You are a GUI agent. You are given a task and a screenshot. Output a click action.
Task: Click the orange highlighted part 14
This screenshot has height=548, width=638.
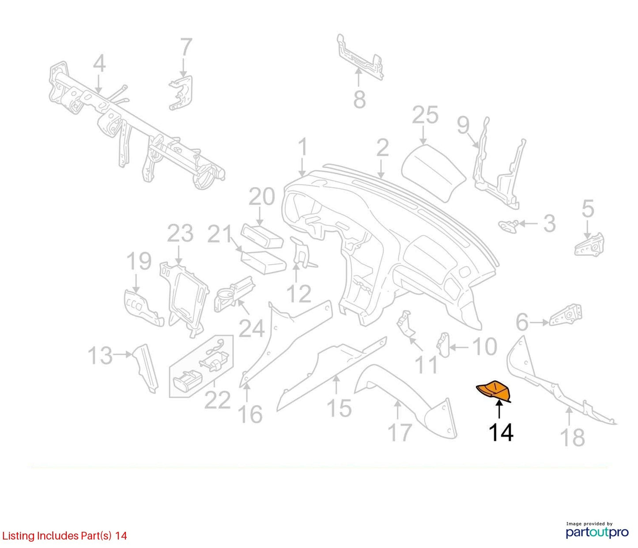pos(493,393)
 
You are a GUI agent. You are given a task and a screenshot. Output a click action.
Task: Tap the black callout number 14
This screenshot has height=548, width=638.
pos(501,432)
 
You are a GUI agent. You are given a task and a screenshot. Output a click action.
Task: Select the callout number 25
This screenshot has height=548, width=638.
pos(425,115)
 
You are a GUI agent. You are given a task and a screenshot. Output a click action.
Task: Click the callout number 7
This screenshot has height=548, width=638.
pos(186,47)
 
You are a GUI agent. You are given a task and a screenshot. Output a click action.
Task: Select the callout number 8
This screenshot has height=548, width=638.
pos(359,99)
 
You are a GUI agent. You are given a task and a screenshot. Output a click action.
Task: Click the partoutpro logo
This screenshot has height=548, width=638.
pos(597,533)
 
